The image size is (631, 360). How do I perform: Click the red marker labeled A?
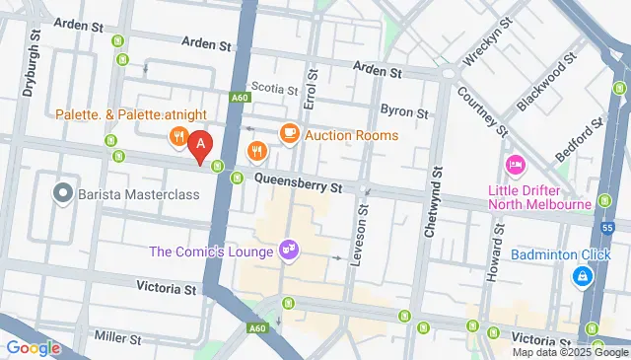(x=200, y=146)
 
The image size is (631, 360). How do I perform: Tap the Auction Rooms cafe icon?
(x=289, y=133)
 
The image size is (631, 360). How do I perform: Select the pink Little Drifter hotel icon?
(x=515, y=163)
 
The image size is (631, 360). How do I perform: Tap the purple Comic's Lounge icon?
(x=289, y=252)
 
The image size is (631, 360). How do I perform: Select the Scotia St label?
(x=274, y=88)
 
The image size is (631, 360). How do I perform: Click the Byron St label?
(x=404, y=111)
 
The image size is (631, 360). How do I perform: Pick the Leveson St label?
(x=362, y=238)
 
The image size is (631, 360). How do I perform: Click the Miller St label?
(x=115, y=337)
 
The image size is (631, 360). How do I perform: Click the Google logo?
(x=33, y=347)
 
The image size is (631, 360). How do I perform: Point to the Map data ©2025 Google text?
(x=569, y=352)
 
